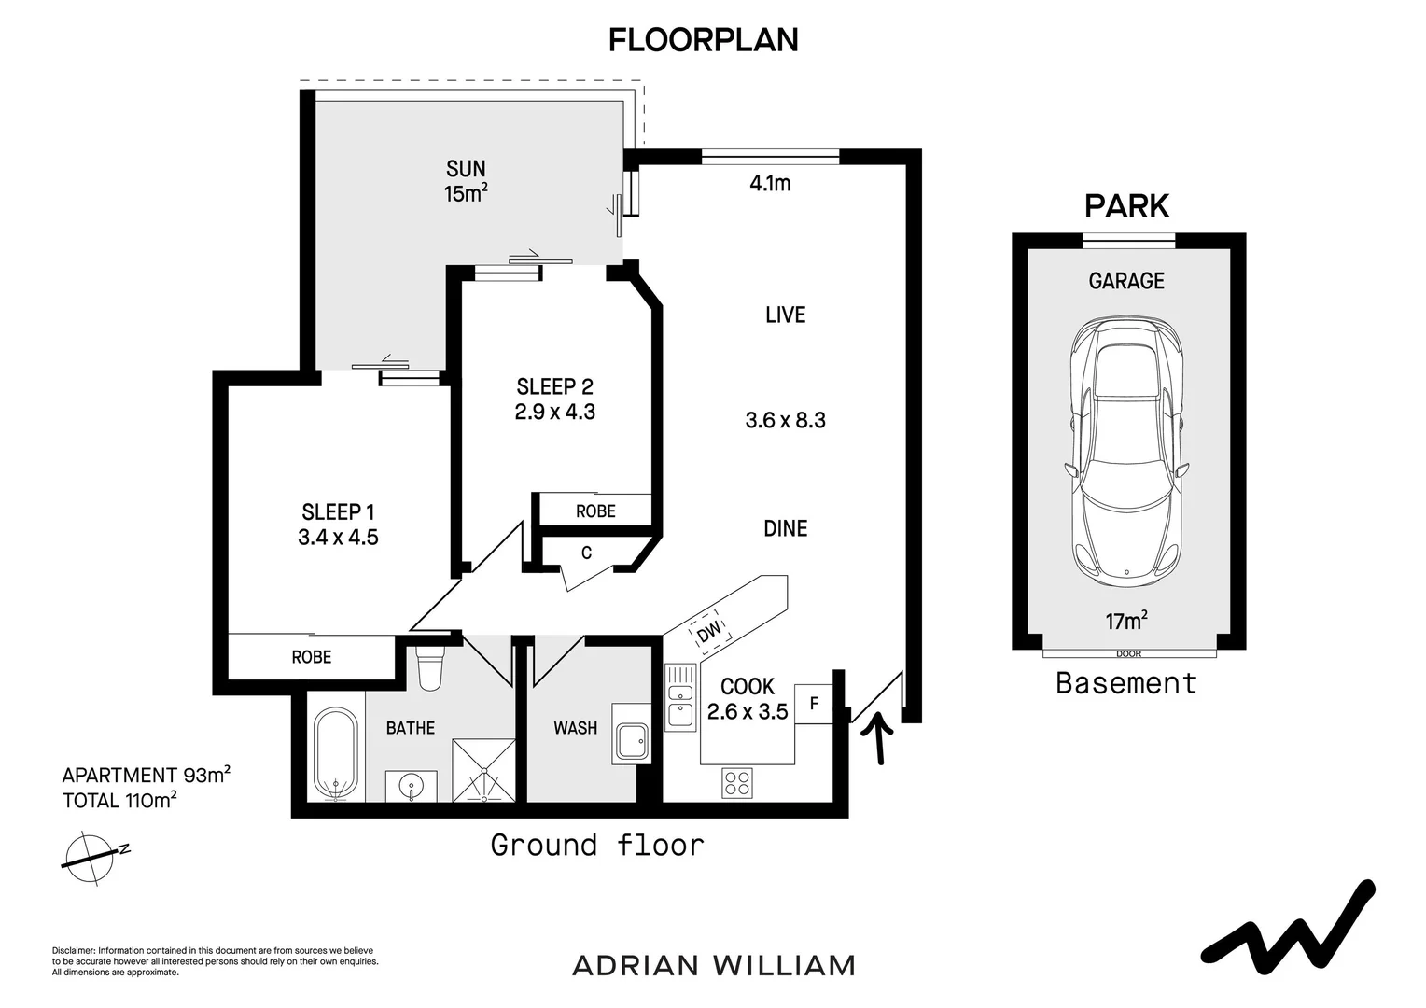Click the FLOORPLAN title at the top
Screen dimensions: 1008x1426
(703, 40)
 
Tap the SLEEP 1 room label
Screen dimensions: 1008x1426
(338, 511)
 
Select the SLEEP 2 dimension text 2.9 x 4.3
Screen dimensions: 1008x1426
(554, 412)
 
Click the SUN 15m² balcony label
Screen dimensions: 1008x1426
(466, 181)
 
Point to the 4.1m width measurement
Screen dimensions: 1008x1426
(770, 184)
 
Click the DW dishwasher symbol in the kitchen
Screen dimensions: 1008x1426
(709, 632)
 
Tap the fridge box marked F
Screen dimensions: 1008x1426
(814, 703)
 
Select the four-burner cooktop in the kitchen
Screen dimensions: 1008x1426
(736, 781)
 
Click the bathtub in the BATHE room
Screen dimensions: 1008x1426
(334, 754)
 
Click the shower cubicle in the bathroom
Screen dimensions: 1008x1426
(482, 770)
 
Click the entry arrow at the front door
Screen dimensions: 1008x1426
(878, 737)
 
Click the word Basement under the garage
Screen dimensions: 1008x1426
(1125, 683)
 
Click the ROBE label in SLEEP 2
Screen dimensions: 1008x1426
(594, 511)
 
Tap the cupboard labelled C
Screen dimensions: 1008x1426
(586, 553)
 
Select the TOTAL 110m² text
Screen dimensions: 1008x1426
(119, 800)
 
